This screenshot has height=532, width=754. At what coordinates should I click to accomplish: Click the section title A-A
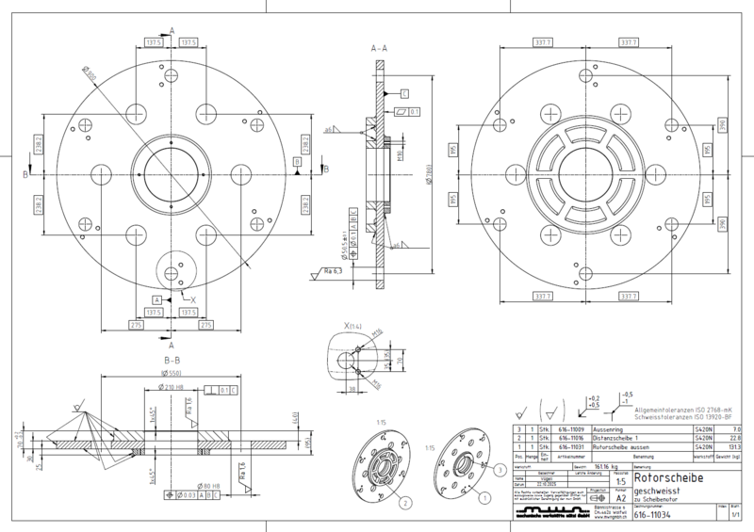382,46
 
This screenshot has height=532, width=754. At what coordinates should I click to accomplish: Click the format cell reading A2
620,500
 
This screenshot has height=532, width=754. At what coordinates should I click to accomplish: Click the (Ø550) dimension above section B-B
172,374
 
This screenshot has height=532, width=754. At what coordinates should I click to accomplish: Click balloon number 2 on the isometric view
405,504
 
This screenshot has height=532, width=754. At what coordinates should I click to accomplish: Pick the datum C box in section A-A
404,95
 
